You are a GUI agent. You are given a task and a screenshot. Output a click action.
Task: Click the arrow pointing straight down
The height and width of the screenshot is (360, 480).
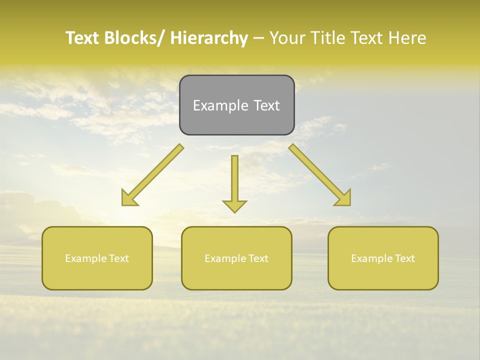pyautogui.click(x=234, y=182)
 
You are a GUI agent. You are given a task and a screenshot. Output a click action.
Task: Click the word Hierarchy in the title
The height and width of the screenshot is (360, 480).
pyautogui.click(x=209, y=38)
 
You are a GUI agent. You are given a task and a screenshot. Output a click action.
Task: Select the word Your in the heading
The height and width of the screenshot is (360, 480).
pyautogui.click(x=286, y=38)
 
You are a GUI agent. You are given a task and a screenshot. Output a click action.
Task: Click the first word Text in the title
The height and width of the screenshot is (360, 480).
pyautogui.click(x=82, y=38)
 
